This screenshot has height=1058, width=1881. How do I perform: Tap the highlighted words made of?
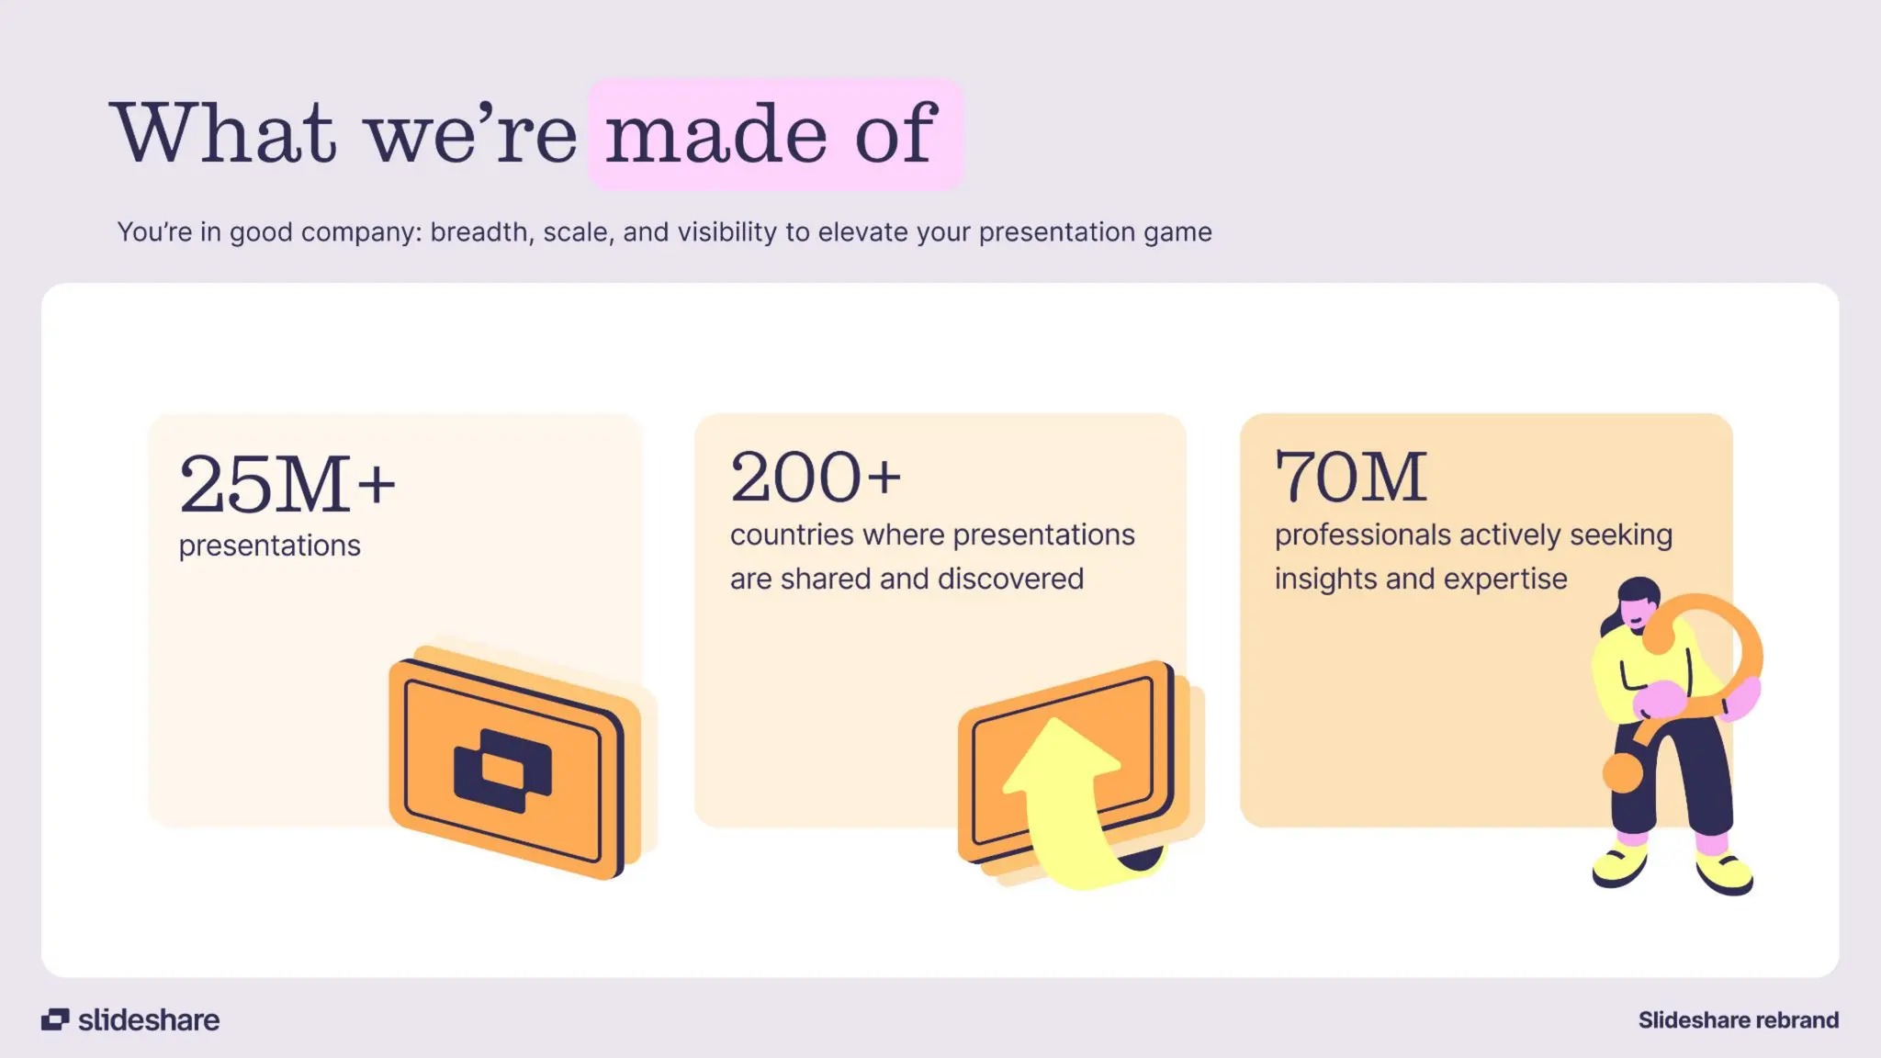[x=772, y=134]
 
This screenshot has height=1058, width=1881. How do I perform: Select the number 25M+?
[x=287, y=484]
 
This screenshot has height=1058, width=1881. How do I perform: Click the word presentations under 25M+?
[x=269, y=546]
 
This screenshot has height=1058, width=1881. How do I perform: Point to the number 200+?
[x=816, y=478]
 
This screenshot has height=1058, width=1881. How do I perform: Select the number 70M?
[x=1350, y=478]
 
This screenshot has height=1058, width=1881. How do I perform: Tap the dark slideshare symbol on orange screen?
[x=502, y=770]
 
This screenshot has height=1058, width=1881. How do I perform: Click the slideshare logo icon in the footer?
[x=55, y=1019]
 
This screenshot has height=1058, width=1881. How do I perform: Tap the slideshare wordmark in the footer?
[x=149, y=1019]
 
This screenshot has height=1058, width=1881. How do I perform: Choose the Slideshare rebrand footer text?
[x=1738, y=1019]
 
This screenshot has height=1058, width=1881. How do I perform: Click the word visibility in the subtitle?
[x=727, y=232]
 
